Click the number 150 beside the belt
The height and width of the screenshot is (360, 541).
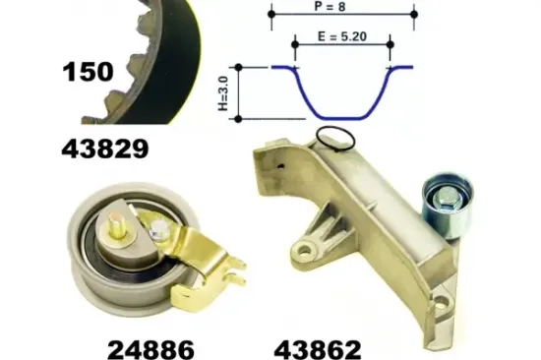88,72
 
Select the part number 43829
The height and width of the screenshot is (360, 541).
105,149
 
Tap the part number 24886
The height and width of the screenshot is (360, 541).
150,349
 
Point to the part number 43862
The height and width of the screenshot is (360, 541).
318,349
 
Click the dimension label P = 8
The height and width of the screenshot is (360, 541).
330,6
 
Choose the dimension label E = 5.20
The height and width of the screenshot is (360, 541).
342,36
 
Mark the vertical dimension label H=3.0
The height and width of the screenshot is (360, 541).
223,93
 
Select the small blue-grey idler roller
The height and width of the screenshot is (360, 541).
448,205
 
